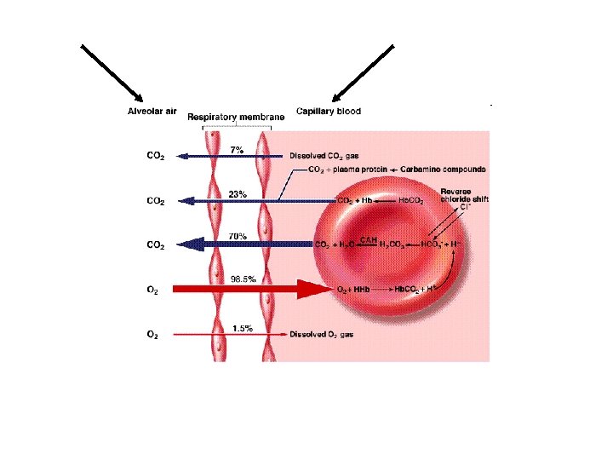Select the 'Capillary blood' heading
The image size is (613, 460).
click(x=328, y=112)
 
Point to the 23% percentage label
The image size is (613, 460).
click(x=238, y=194)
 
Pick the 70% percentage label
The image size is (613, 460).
click(x=238, y=236)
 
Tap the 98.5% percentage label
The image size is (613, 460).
click(x=243, y=278)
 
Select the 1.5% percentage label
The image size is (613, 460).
click(x=241, y=329)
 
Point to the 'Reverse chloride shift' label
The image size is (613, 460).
click(x=464, y=195)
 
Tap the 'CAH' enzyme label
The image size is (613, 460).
click(x=369, y=239)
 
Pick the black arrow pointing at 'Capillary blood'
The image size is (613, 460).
click(x=363, y=73)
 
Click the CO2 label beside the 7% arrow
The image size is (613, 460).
click(x=156, y=157)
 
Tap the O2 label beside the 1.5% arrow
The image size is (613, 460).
click(x=152, y=335)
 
